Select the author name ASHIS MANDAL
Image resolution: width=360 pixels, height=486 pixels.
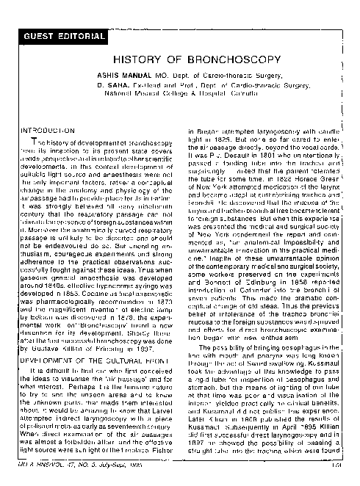tap(120, 75)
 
